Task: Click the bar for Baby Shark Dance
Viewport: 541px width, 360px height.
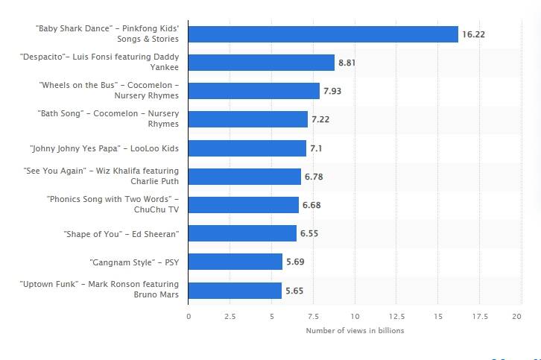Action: click(323, 34)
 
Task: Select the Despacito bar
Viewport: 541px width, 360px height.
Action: click(261, 63)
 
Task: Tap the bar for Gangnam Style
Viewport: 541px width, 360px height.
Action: click(235, 262)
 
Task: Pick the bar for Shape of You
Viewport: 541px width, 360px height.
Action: click(242, 233)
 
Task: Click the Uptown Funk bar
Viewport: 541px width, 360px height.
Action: click(235, 290)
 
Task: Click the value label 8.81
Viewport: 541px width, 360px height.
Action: click(347, 63)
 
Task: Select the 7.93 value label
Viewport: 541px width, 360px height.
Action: click(332, 91)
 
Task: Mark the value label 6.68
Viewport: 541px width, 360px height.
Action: click(311, 205)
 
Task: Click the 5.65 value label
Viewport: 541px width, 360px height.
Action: click(294, 290)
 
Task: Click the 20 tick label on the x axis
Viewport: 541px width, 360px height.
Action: click(516, 316)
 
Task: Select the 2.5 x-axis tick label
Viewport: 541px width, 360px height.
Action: click(230, 316)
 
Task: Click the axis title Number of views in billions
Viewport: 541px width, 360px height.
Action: click(355, 330)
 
